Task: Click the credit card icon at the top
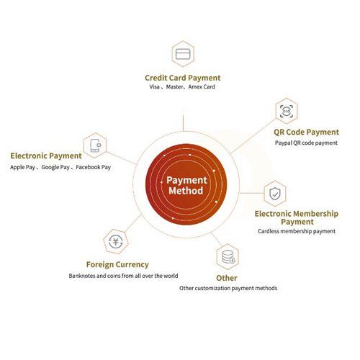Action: point(183,54)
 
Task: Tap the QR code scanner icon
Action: point(287,111)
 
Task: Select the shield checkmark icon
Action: point(275,194)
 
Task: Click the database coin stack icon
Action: point(228,257)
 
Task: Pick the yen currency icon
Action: point(116,241)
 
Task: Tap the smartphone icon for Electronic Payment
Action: point(95,145)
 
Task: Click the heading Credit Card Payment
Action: point(183,78)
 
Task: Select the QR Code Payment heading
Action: point(306,132)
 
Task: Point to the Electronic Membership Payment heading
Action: point(297,217)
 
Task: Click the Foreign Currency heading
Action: point(117,264)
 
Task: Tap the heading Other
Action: point(227,278)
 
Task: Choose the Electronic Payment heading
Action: point(46,156)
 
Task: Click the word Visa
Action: point(154,86)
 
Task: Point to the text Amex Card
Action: point(202,86)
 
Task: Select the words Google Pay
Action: point(55,167)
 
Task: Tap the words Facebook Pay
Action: point(94,167)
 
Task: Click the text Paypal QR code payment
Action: point(306,143)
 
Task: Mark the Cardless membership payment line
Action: point(297,231)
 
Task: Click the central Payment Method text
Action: point(186,185)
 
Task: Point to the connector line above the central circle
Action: point(183,123)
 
